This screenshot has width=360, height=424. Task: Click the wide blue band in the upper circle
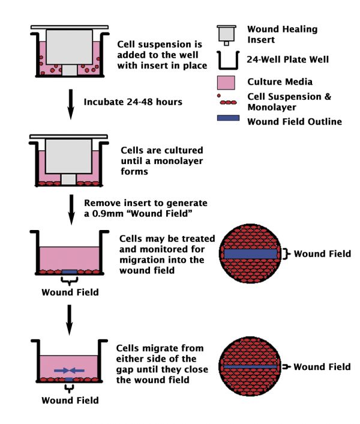pyautogui.click(x=251, y=254)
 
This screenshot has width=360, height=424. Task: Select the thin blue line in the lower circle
pyautogui.click(x=251, y=365)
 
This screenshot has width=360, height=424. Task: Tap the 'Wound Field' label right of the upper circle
pyautogui.click(x=322, y=254)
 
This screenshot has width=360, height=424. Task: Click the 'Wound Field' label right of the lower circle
pyautogui.click(x=322, y=366)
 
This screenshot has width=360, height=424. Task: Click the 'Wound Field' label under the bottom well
pyautogui.click(x=70, y=399)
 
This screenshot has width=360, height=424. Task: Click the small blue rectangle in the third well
pyautogui.click(x=70, y=272)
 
